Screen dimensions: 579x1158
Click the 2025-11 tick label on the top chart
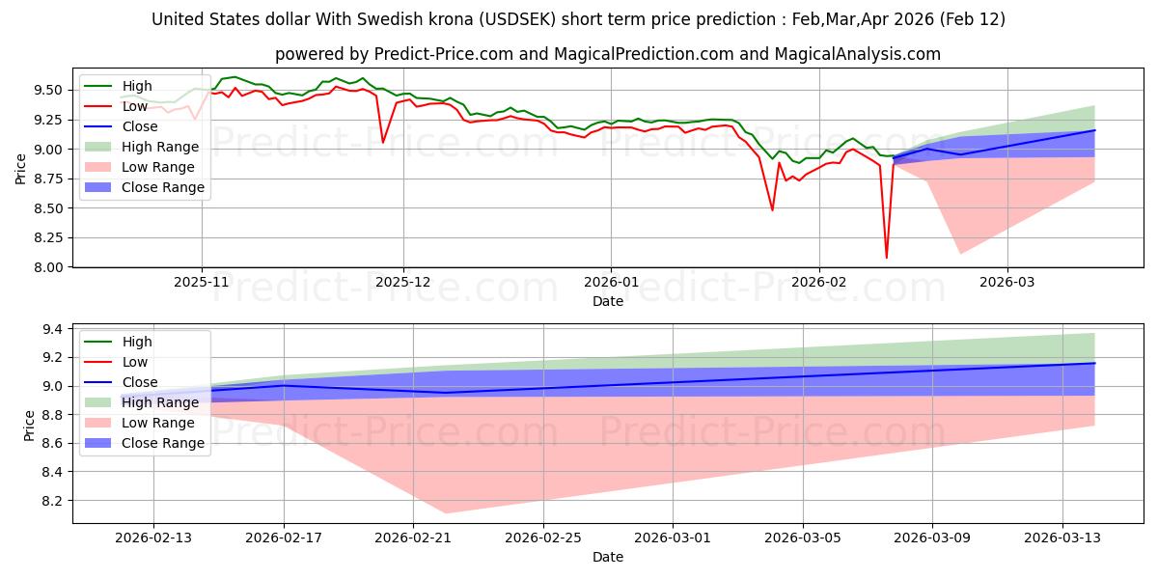click(x=202, y=283)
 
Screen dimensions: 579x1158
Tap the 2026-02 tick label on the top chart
click(x=818, y=283)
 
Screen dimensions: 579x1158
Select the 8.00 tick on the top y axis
click(x=46, y=267)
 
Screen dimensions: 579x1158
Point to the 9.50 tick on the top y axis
click(x=46, y=90)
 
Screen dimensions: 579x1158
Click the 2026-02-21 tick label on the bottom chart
click(x=413, y=538)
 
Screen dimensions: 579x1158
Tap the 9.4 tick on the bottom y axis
click(x=53, y=330)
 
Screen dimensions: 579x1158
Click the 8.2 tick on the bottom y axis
click(x=53, y=501)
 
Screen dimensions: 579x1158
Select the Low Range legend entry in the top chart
click(x=155, y=167)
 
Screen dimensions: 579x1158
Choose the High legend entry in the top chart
click(x=136, y=86)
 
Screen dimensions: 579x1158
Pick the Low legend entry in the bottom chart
click(x=135, y=362)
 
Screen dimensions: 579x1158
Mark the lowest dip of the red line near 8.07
click(x=887, y=258)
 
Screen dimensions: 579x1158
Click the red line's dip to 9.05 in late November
click(x=383, y=143)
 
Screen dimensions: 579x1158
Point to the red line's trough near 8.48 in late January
click(x=772, y=210)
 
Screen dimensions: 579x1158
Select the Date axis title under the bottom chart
click(x=608, y=557)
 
